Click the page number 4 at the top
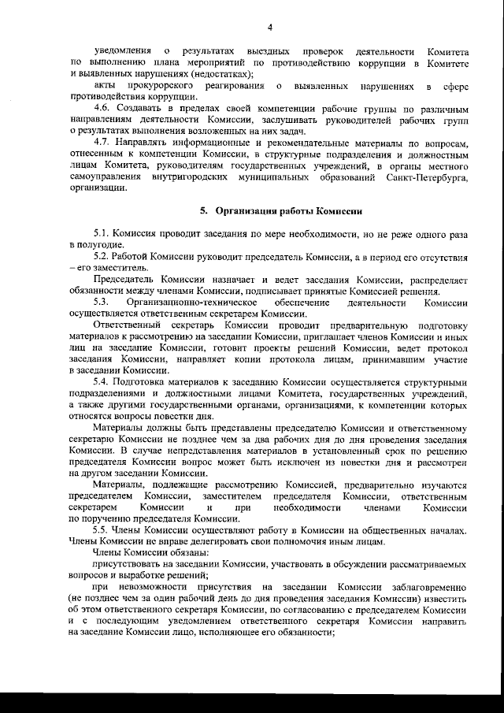269,29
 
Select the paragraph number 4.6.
102,106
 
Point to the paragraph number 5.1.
102,235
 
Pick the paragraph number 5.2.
102,257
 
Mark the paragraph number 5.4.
102,382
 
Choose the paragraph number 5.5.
102,530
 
